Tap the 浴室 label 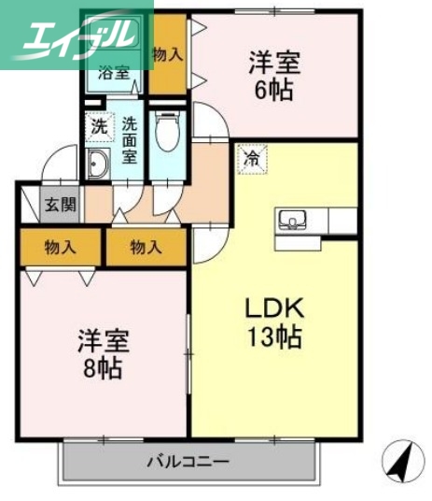[116, 73]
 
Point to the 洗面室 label [129, 138]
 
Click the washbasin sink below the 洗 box [98, 165]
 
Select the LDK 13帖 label [272, 322]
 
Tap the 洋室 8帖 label [100, 353]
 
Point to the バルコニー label [188, 461]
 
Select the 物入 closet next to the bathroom [167, 55]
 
